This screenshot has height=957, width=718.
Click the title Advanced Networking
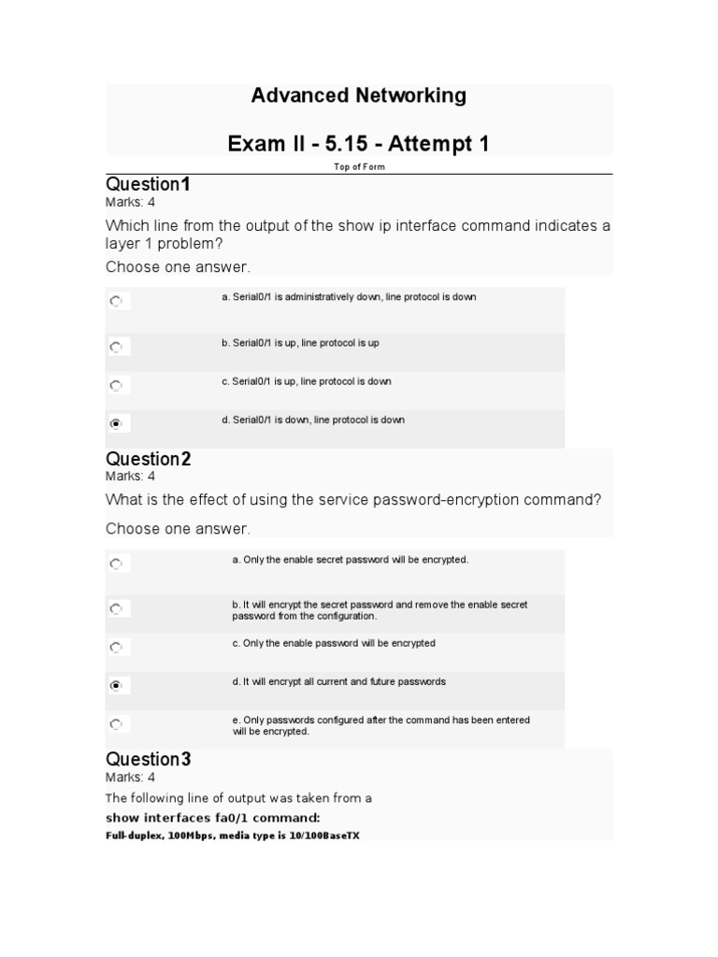pyautogui.click(x=358, y=95)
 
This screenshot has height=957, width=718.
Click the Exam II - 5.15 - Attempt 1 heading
pyautogui.click(x=358, y=144)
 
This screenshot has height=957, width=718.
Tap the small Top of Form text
pyautogui.click(x=359, y=167)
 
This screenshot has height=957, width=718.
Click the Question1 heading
pyautogui.click(x=148, y=184)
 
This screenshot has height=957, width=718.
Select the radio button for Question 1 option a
pyautogui.click(x=116, y=302)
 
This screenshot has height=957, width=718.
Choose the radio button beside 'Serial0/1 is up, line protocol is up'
pyautogui.click(x=116, y=347)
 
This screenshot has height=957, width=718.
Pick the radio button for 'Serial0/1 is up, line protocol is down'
pyautogui.click(x=116, y=385)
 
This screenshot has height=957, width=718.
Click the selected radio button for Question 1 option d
pyautogui.click(x=116, y=423)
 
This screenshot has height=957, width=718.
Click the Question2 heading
pyautogui.click(x=148, y=459)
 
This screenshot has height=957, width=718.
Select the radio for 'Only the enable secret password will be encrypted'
pyautogui.click(x=116, y=564)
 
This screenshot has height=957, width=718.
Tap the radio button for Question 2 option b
pyautogui.click(x=116, y=608)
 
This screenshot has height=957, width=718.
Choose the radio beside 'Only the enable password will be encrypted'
pyautogui.click(x=116, y=647)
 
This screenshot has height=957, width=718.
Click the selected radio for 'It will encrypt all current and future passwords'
pyautogui.click(x=116, y=685)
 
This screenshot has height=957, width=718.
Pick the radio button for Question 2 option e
pyautogui.click(x=116, y=723)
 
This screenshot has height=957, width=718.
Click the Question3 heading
pyautogui.click(x=148, y=759)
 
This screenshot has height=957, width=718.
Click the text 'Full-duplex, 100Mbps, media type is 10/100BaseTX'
pyautogui.click(x=232, y=835)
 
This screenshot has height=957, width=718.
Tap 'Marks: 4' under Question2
pyautogui.click(x=130, y=476)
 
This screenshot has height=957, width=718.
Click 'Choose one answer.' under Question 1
pyautogui.click(x=178, y=267)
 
